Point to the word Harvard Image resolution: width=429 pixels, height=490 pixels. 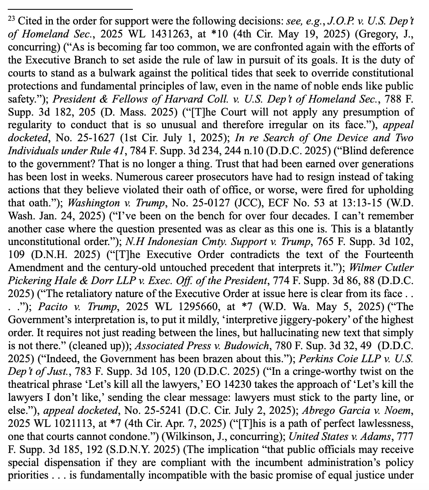click(x=147, y=100)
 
